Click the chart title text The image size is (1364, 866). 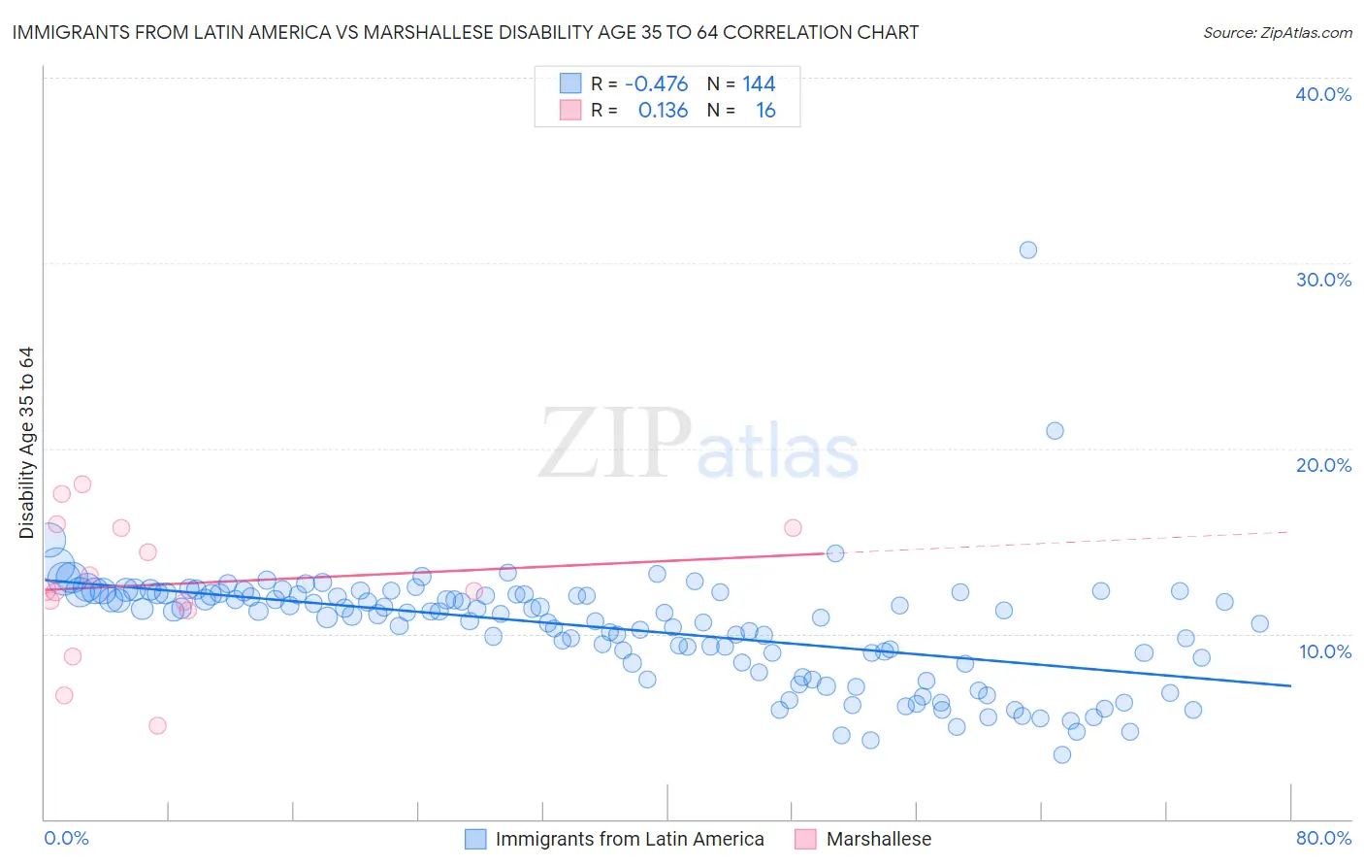coord(465,32)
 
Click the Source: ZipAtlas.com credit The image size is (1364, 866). coord(1277,32)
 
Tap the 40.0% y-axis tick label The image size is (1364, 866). coord(1323,94)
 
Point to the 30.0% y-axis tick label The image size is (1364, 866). coord(1323,280)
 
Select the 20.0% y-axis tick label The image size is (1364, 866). coord(1323,465)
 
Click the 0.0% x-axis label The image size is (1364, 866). coord(66,838)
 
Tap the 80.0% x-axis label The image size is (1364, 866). coord(1323,838)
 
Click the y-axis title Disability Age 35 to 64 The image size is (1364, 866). coord(26,443)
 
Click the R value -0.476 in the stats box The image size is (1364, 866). coord(656,83)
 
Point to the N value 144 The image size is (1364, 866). coord(759,83)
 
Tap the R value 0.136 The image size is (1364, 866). coord(663,111)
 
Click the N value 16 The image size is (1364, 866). coord(765,111)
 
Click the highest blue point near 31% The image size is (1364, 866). coord(1028,250)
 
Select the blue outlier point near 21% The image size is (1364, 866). coord(1055,430)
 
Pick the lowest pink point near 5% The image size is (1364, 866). coord(157,725)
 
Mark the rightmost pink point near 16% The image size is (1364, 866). coord(793,528)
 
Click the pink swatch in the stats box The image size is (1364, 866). coord(570,111)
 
